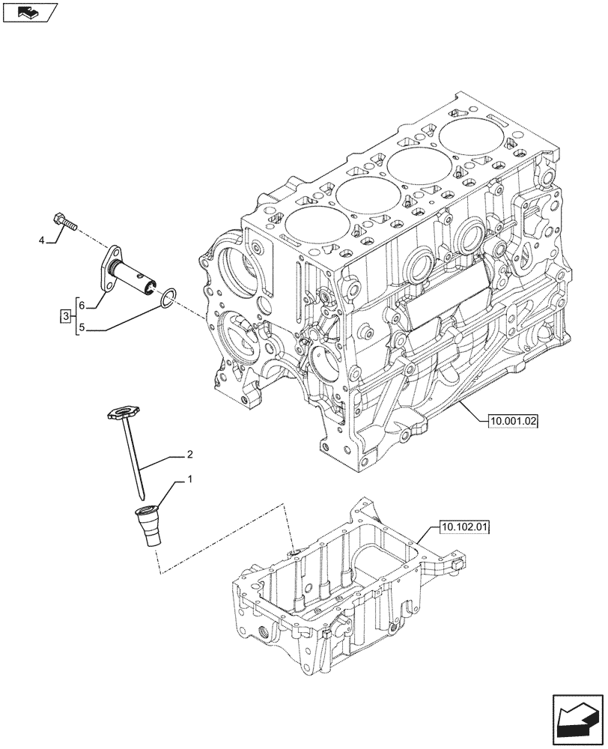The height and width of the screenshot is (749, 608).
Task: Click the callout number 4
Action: pos(43,240)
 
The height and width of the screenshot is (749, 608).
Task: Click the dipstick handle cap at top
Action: pos(121,410)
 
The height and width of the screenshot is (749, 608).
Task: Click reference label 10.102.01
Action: pos(465,528)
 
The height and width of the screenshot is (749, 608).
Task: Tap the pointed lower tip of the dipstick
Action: pos(142,494)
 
